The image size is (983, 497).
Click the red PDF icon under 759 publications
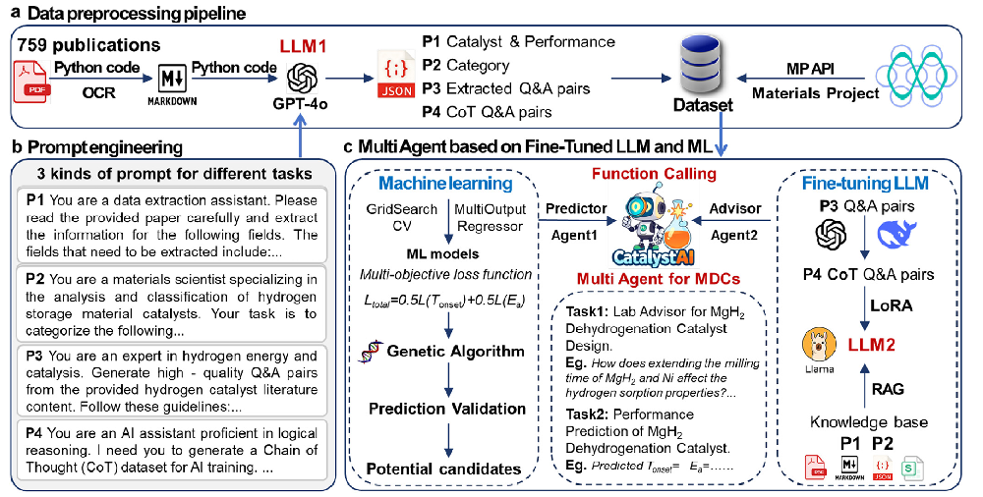coord(31,80)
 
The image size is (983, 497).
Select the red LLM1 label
coord(306,47)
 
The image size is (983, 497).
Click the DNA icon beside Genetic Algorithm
coord(371,352)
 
